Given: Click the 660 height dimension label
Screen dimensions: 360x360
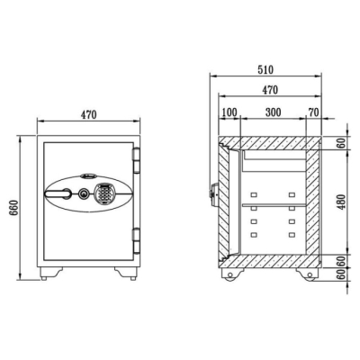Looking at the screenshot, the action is pos(14,208).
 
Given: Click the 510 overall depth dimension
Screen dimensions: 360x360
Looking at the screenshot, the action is pos(265,69).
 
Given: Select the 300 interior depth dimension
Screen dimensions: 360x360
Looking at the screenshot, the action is pos(274,112).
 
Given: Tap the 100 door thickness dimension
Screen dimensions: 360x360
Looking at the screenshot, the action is pos(229,112).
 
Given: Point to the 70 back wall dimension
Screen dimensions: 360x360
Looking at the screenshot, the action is pos(313,112).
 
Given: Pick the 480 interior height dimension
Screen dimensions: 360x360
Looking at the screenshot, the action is pos(341,202).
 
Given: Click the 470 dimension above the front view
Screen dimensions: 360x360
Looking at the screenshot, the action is pos(88,114).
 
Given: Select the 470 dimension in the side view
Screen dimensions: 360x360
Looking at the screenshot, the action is pos(270,90).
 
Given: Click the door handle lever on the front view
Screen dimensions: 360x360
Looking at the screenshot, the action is pos(58,193).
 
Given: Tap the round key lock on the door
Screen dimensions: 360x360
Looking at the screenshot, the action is pos(83,194).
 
